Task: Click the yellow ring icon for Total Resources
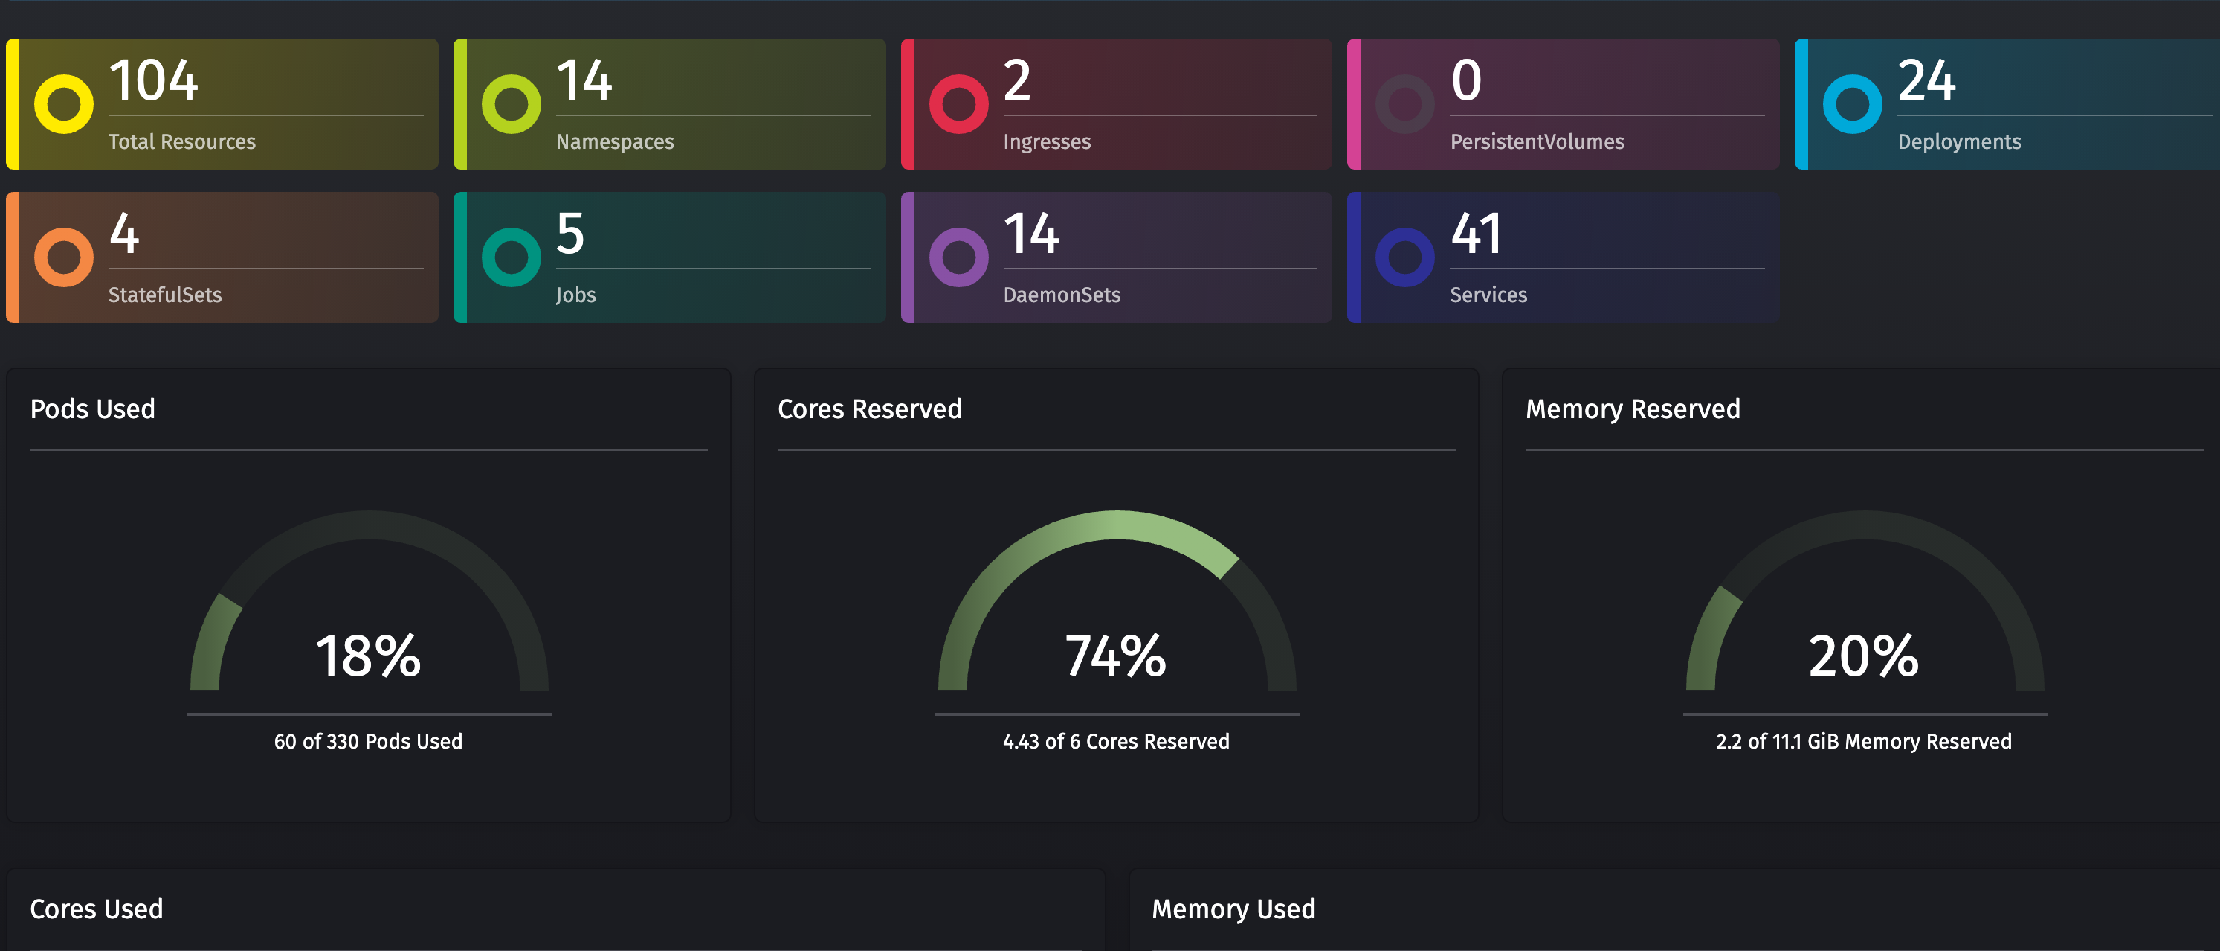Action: pyautogui.click(x=64, y=104)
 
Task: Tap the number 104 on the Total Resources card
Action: pyautogui.click(x=153, y=81)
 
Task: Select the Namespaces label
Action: pyautogui.click(x=614, y=141)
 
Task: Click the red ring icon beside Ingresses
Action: pyautogui.click(x=958, y=104)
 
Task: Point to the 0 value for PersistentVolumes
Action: pyautogui.click(x=1466, y=81)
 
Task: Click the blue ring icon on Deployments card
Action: pyautogui.click(x=1852, y=104)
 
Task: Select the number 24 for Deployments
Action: pyautogui.click(x=1926, y=81)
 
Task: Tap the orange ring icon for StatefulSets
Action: pyautogui.click(x=64, y=257)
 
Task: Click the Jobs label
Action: pyautogui.click(x=575, y=295)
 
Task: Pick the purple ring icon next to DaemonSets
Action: pyautogui.click(x=958, y=257)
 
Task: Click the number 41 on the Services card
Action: pyautogui.click(x=1477, y=234)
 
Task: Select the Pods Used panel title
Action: pyautogui.click(x=92, y=409)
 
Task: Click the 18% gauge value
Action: pyautogui.click(x=368, y=656)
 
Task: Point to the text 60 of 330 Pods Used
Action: pyautogui.click(x=368, y=741)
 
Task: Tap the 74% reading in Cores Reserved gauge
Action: pyautogui.click(x=1116, y=656)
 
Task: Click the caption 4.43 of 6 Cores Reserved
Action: pyautogui.click(x=1116, y=741)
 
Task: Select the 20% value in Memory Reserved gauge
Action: pyautogui.click(x=1863, y=656)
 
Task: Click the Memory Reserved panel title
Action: pyautogui.click(x=1632, y=409)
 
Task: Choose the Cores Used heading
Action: pyautogui.click(x=97, y=909)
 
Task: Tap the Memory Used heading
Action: pyautogui.click(x=1233, y=909)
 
